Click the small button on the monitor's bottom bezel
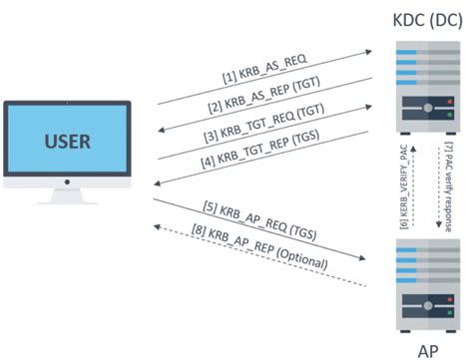66,182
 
